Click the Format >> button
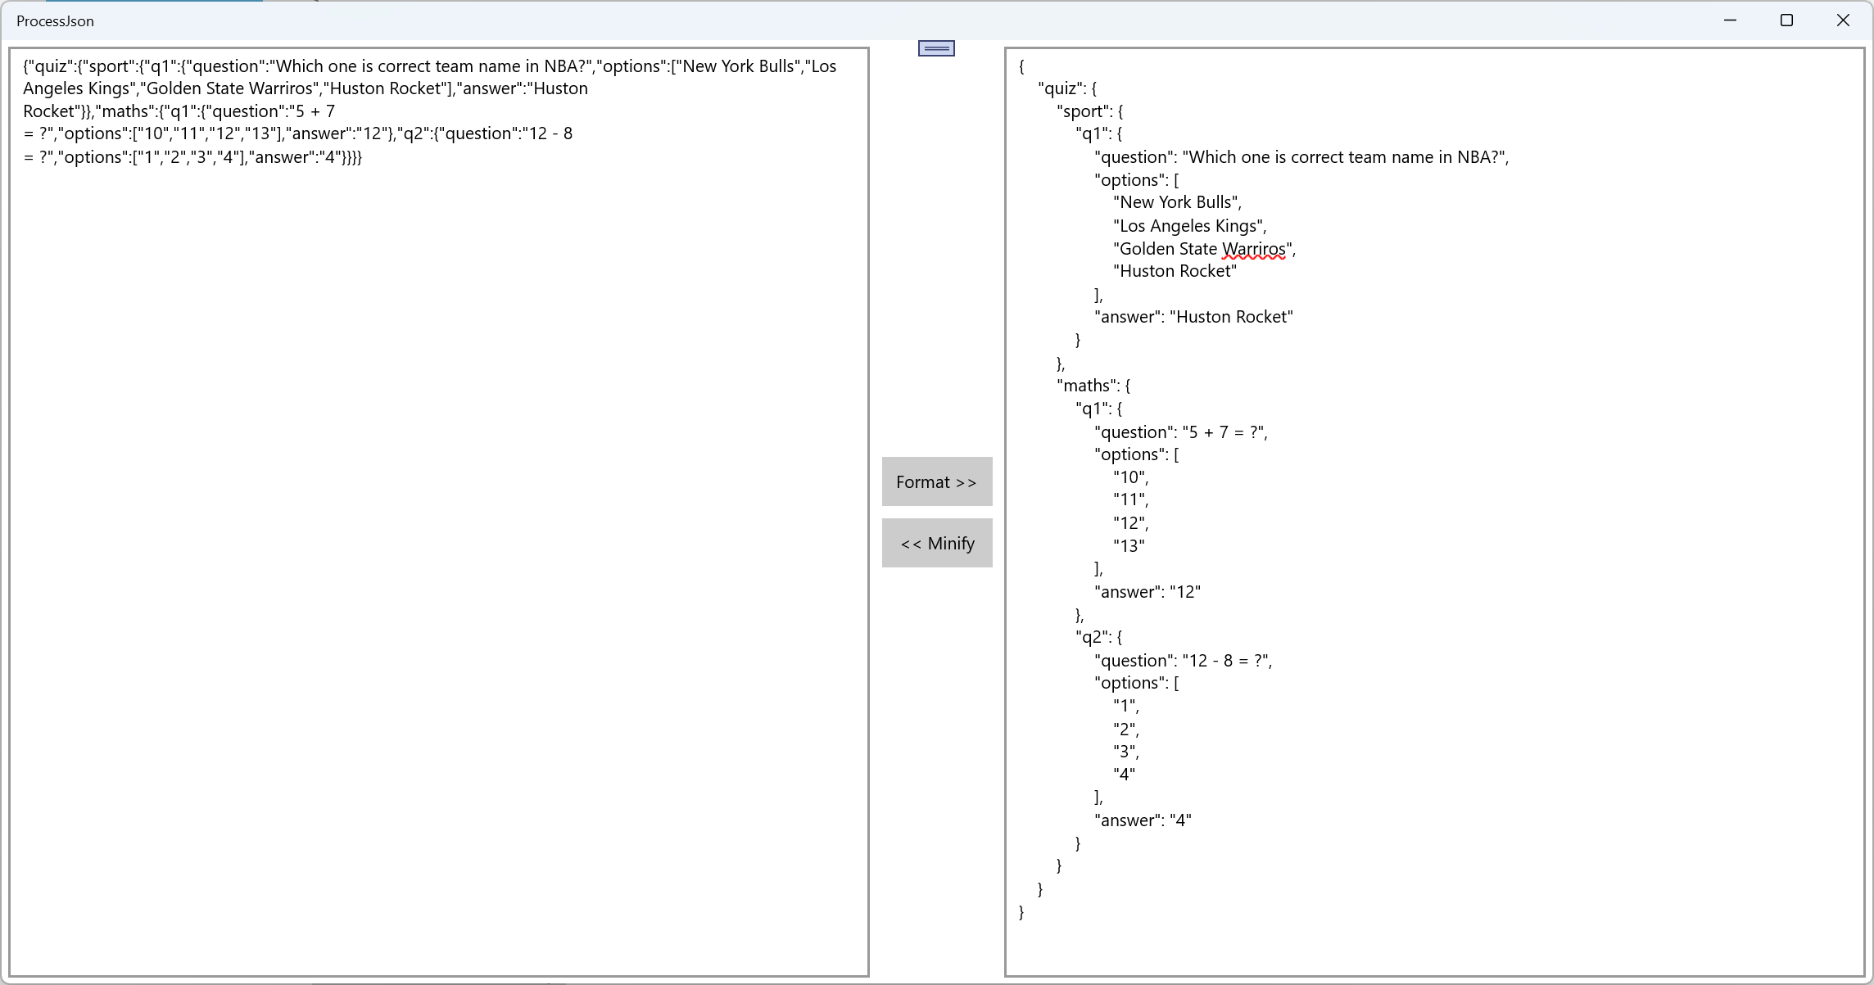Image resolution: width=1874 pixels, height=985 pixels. point(936,481)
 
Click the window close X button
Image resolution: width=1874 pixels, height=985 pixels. point(1843,20)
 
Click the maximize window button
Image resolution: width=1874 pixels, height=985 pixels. point(1786,20)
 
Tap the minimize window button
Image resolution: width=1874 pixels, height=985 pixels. point(1730,20)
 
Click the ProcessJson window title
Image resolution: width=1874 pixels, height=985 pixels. point(55,21)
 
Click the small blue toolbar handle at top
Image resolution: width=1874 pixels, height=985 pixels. point(936,48)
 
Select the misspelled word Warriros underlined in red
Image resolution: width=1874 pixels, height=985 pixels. point(1253,249)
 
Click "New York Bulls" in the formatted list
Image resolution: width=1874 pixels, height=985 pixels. point(1176,202)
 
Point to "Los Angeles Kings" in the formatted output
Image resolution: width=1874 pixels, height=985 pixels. point(1188,226)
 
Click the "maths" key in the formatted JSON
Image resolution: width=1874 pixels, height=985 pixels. point(1086,386)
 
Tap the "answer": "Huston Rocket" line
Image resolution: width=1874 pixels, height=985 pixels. point(1193,317)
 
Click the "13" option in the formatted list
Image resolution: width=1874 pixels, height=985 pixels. point(1129,546)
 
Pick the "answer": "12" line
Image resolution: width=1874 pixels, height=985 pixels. point(1147,592)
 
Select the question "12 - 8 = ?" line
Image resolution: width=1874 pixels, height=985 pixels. point(1183,661)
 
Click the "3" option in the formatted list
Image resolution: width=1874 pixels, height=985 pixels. point(1125,752)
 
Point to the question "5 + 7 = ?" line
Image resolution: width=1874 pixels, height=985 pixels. point(1180,432)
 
